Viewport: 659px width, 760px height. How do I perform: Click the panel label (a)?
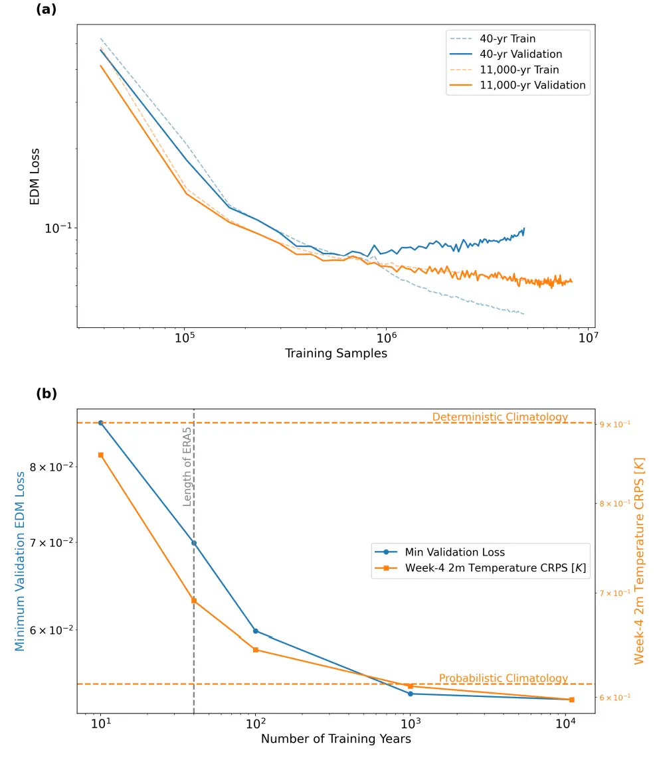click(x=47, y=9)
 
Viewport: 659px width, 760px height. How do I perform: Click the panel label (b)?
click(x=47, y=394)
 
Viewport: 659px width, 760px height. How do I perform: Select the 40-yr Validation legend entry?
click(x=521, y=54)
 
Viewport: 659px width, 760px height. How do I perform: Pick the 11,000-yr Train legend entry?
click(x=519, y=70)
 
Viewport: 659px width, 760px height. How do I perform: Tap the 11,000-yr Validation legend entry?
click(x=532, y=85)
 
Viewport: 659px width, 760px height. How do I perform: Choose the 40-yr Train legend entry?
click(x=508, y=39)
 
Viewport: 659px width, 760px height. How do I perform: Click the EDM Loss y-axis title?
click(x=35, y=176)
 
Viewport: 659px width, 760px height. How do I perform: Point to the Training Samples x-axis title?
click(x=336, y=353)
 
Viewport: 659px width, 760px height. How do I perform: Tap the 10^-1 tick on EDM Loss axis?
click(x=57, y=228)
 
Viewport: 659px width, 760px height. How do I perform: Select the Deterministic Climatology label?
click(x=500, y=417)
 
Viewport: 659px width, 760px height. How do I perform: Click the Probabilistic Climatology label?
click(x=503, y=678)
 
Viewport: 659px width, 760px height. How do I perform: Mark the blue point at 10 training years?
click(x=101, y=423)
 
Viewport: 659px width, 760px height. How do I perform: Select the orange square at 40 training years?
click(x=193, y=601)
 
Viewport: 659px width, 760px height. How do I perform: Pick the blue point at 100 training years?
click(x=256, y=631)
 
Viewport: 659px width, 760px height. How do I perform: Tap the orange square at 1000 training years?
click(x=411, y=686)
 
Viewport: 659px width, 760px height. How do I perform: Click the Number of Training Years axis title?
click(x=336, y=739)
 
